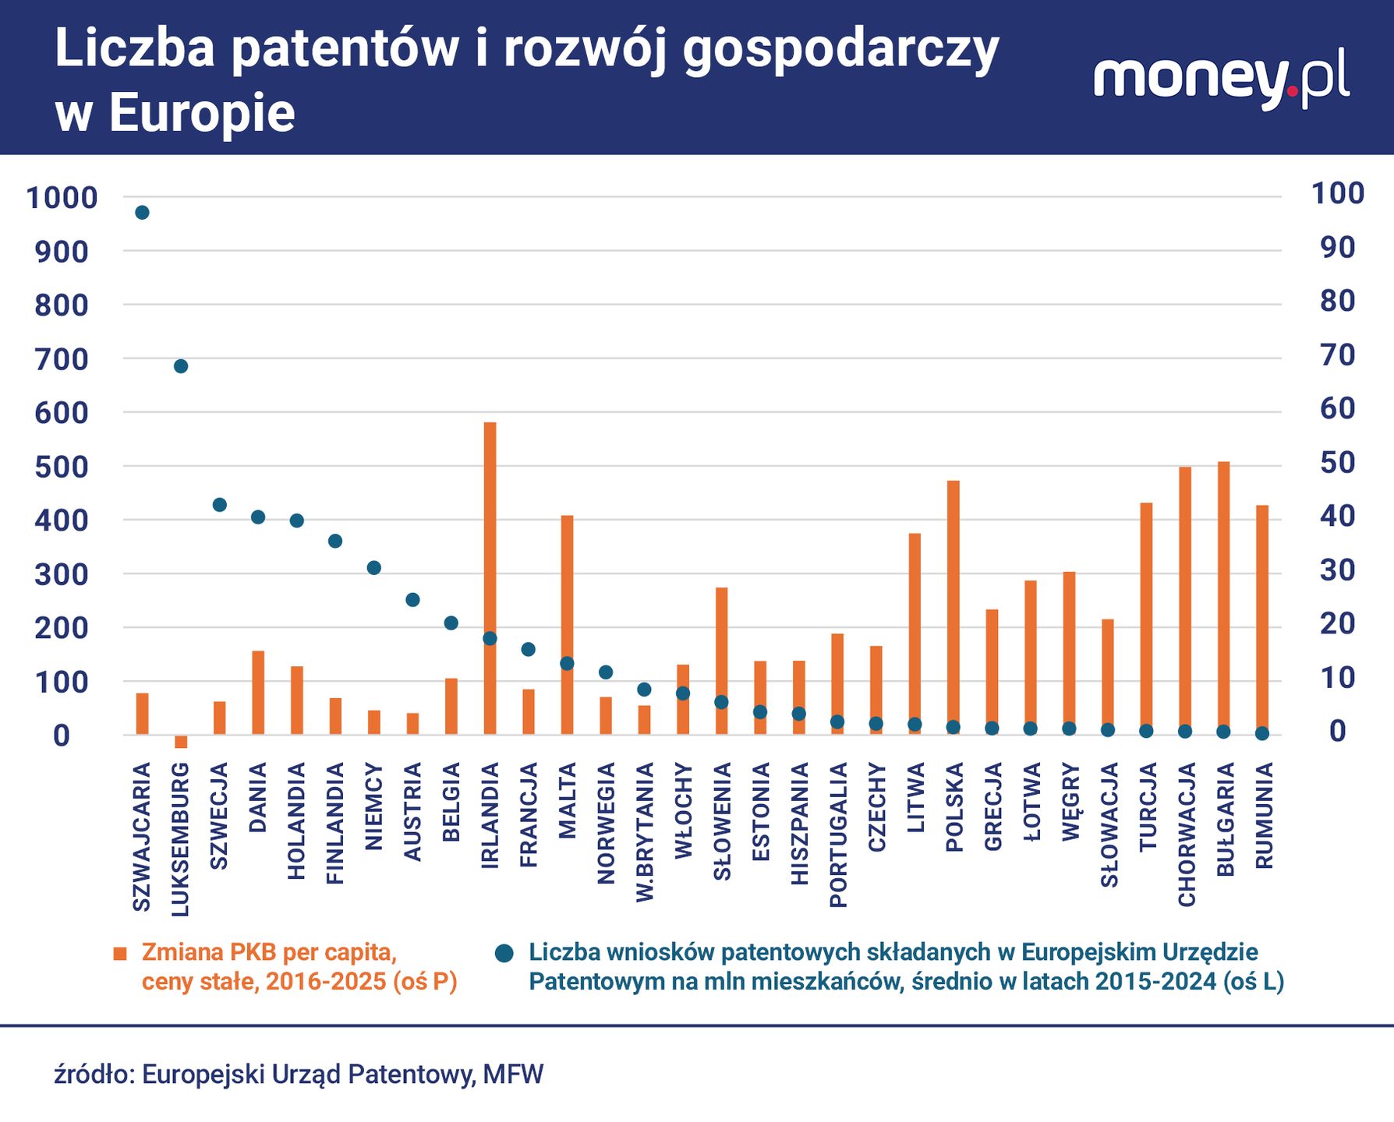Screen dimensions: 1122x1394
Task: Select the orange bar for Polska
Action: pyautogui.click(x=954, y=607)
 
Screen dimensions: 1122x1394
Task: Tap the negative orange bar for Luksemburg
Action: pyautogui.click(x=181, y=742)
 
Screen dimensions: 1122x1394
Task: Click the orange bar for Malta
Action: pyautogui.click(x=567, y=624)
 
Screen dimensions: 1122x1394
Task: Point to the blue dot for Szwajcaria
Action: pyautogui.click(x=142, y=213)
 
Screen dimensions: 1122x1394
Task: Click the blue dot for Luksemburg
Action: pyautogui.click(x=181, y=366)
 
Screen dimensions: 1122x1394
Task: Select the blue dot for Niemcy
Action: pyautogui.click(x=374, y=568)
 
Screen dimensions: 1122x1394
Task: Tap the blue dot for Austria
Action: pyautogui.click(x=412, y=600)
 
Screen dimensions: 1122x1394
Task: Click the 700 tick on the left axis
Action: pyautogui.click(x=61, y=359)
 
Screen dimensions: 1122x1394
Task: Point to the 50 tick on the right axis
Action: pyautogui.click(x=1337, y=463)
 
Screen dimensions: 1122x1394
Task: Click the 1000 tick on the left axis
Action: pyautogui.click(x=62, y=198)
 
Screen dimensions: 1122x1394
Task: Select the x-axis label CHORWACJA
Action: pyautogui.click(x=1187, y=834)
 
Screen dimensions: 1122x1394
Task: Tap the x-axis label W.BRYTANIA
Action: pyautogui.click(x=645, y=832)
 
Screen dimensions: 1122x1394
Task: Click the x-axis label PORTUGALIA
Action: pyautogui.click(x=838, y=835)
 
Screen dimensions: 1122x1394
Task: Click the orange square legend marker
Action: pyautogui.click(x=120, y=954)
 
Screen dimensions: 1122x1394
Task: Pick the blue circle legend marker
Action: pyautogui.click(x=504, y=953)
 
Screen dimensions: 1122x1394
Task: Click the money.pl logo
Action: pyautogui.click(x=1221, y=80)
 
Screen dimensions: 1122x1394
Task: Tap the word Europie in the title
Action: pyautogui.click(x=201, y=113)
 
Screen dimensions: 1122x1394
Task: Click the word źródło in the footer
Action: pyautogui.click(x=94, y=1074)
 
